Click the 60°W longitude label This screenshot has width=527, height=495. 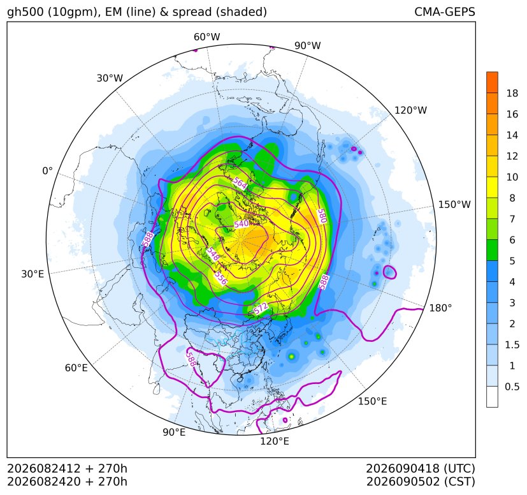pos(206,37)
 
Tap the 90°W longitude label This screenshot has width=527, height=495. pos(308,45)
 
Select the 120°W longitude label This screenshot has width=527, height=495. pos(411,110)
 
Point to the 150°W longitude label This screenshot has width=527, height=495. pos(455,204)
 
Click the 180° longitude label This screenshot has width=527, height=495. pos(440,307)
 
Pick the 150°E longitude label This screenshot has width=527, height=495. pos(372,401)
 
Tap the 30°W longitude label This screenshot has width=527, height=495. pos(110,78)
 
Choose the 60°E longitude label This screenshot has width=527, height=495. pos(76,368)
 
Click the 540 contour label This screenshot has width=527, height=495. pos(242,224)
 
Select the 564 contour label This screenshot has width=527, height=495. pos(240,184)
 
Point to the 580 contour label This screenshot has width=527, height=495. pos(322,216)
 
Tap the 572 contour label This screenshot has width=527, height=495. pos(261,307)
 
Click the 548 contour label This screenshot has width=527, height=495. pos(213,254)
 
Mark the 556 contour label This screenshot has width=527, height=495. pos(221,277)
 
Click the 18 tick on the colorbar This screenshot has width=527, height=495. pos(512,93)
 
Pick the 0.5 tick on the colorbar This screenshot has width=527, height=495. pos(512,387)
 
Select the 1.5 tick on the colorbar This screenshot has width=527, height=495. pos(512,344)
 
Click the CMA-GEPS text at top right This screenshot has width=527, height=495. pos(445,11)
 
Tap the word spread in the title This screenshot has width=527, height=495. pos(192,12)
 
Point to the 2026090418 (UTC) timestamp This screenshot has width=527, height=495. pos(421,468)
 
